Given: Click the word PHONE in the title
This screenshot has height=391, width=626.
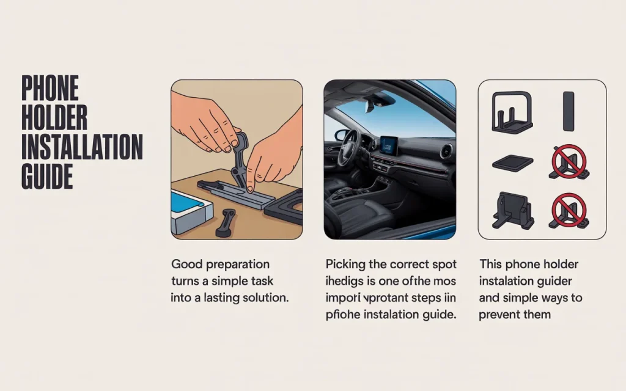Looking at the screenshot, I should [x=50, y=89].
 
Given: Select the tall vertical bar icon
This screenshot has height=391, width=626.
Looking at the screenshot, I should [x=569, y=112].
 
